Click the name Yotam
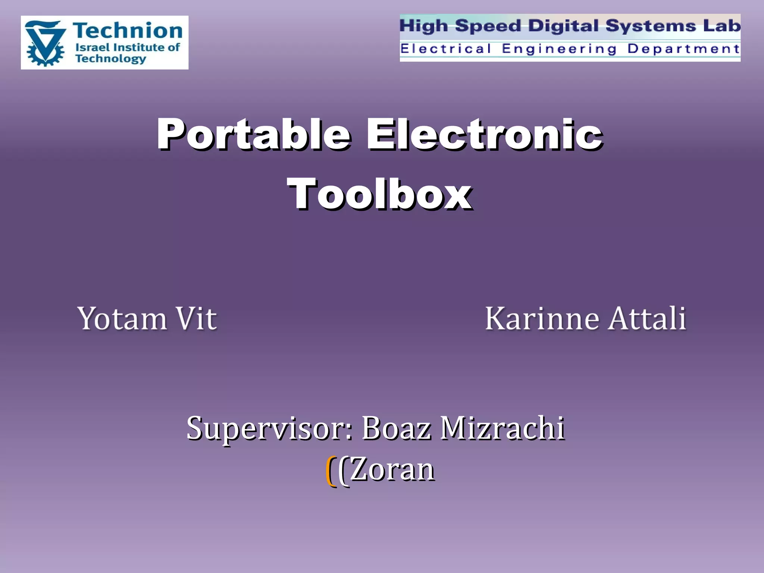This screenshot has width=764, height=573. coord(122,319)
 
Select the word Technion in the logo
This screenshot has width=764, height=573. coord(128,31)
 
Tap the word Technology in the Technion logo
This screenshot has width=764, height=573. coord(110,59)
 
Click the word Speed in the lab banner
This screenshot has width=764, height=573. coord(488,26)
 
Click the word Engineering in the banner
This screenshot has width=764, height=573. coord(559,49)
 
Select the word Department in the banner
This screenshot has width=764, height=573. coord(683,48)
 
